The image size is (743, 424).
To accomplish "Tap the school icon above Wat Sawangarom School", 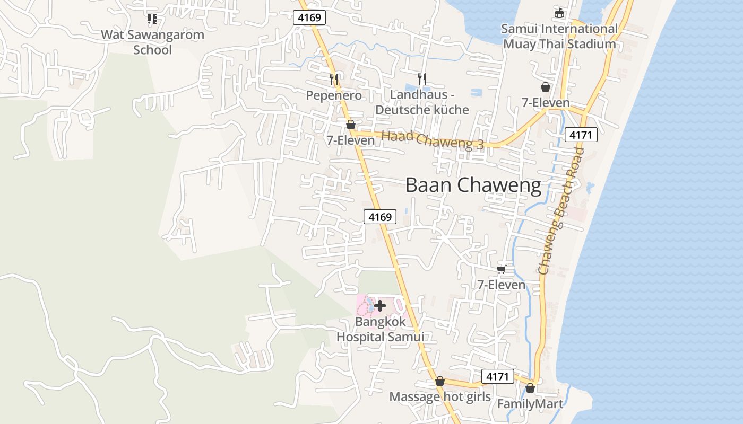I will [152, 19].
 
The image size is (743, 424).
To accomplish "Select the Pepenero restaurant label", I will [334, 95].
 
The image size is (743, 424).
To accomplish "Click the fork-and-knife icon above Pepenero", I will [334, 79].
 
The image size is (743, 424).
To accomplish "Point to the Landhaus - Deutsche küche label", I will [422, 102].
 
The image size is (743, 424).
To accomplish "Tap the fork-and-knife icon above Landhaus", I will [422, 79].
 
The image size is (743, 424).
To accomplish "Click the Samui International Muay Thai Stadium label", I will [559, 37].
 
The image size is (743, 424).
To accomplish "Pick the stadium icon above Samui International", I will [559, 13].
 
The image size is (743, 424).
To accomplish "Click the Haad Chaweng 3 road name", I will [433, 140].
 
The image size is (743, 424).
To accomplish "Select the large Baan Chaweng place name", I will [473, 185].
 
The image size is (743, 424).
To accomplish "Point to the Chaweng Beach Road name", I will [560, 211].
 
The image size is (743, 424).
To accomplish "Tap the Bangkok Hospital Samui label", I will [380, 329].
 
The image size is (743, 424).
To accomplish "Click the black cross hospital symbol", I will [380, 306].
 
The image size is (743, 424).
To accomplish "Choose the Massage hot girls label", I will [440, 397].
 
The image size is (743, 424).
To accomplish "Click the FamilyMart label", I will [530, 404].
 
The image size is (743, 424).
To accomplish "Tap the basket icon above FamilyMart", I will [530, 388].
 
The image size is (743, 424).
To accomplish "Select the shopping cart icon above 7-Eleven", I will [501, 269].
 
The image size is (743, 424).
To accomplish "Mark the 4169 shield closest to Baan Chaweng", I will [380, 216].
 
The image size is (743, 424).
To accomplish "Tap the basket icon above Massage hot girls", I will [439, 382].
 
